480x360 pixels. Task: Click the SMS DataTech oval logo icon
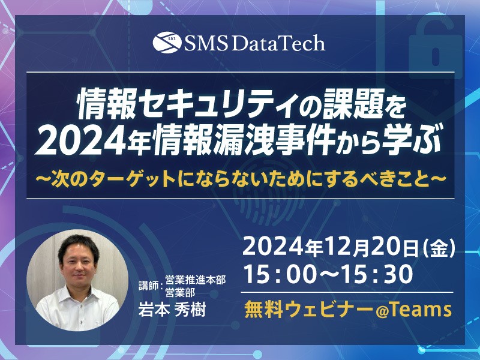pyautogui.click(x=167, y=42)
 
